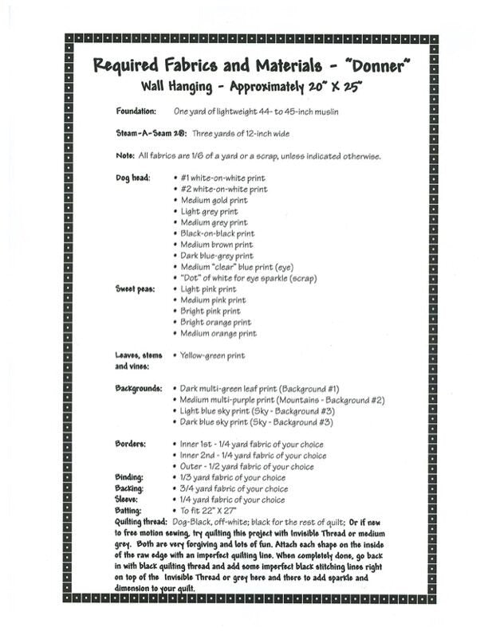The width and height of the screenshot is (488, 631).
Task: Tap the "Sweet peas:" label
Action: click(x=136, y=289)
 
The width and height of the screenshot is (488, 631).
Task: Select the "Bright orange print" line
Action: click(x=215, y=323)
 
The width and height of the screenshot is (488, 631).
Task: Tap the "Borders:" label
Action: click(x=132, y=444)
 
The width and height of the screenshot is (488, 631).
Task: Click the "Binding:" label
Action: click(x=129, y=477)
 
